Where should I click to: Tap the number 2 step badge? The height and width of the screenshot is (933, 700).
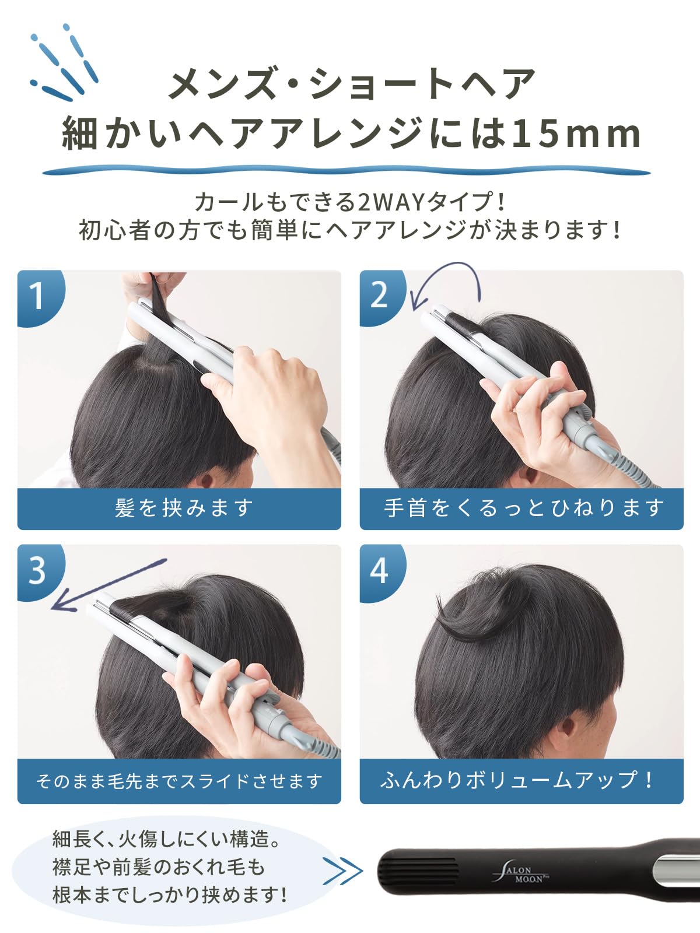pos(379,296)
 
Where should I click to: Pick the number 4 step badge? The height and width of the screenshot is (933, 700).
pos(379,570)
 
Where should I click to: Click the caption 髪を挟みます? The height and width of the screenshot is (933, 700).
pos(184,508)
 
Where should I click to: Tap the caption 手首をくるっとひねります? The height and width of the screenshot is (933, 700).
pos(523,508)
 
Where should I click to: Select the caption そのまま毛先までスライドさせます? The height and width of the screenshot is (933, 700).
pos(179,781)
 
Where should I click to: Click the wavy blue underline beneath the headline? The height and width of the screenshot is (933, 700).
pos(346,171)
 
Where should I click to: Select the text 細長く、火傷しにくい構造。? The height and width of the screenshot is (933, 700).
pos(166,840)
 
